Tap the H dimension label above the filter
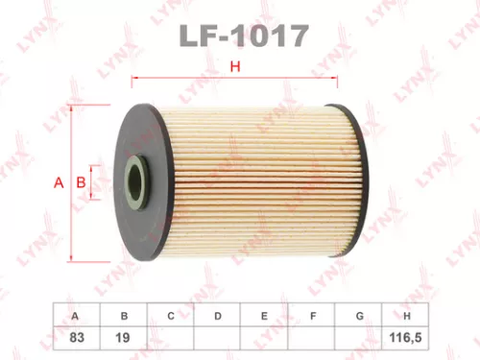[x=233, y=66]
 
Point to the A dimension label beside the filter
[x=59, y=182]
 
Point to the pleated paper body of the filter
[x=240, y=182]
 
